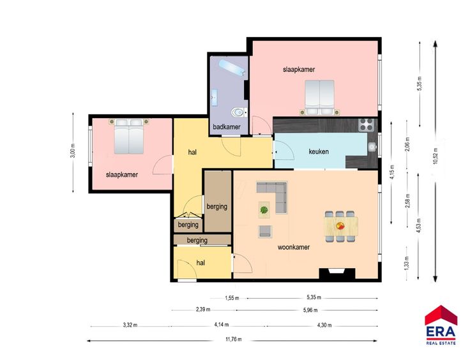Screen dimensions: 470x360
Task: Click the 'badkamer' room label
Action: [227, 126]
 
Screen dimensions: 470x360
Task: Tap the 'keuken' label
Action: [319, 151]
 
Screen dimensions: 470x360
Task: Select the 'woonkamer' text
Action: [294, 247]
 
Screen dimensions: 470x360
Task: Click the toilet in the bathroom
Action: [239, 112]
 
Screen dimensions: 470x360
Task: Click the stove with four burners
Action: [367, 125]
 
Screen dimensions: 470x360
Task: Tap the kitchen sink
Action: [372, 147]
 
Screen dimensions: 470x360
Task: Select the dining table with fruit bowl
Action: [341, 226]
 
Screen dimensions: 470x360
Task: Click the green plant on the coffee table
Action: [264, 209]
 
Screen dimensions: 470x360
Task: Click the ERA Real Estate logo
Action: [441, 326]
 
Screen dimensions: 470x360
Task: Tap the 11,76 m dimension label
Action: [234, 340]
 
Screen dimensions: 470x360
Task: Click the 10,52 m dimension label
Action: [436, 156]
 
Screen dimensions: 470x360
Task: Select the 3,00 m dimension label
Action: [73, 151]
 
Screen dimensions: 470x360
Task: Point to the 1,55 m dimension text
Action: [232, 298]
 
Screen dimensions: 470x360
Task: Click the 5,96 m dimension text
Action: [310, 310]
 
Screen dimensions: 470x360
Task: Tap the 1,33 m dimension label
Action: [407, 263]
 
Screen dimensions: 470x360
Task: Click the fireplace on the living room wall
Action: [337, 274]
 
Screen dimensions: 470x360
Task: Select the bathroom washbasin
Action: [215, 98]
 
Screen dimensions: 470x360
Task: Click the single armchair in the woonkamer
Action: [265, 232]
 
